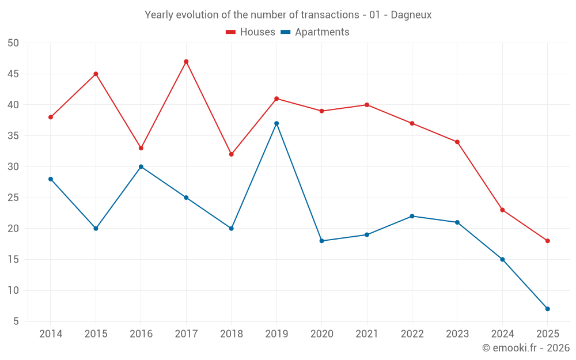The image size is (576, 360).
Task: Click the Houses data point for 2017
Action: (x=186, y=62)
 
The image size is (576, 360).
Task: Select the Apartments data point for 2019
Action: (x=276, y=123)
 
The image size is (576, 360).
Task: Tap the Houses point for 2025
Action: (x=548, y=241)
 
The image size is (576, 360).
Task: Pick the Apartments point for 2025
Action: (x=548, y=309)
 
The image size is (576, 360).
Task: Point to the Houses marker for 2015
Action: (x=96, y=74)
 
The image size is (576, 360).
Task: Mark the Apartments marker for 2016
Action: (x=141, y=166)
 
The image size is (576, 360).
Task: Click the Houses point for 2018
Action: (x=232, y=154)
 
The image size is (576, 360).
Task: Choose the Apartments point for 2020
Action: (x=322, y=241)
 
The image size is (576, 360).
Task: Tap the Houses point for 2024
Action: (x=502, y=210)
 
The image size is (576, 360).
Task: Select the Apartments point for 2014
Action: (x=51, y=179)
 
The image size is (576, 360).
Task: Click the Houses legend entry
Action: (x=251, y=32)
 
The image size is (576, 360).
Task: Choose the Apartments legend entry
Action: (x=315, y=32)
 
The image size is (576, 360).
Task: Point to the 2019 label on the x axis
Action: (x=276, y=334)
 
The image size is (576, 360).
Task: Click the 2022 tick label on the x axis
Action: (x=412, y=334)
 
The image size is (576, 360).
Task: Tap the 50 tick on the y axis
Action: (x=13, y=43)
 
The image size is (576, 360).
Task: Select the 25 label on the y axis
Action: (x=13, y=198)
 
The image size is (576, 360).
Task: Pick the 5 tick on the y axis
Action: (x=16, y=321)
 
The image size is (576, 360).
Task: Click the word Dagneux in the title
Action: (x=411, y=15)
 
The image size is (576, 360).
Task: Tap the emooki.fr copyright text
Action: (x=526, y=348)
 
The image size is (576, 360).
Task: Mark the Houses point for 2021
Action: (x=367, y=105)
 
